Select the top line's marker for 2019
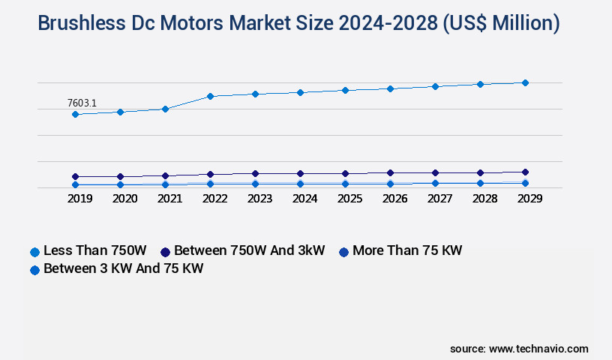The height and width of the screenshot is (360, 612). click(x=75, y=115)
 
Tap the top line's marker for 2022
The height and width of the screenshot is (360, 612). click(x=211, y=96)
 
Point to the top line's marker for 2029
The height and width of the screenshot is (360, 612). click(x=525, y=82)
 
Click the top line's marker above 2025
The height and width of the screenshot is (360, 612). click(x=345, y=90)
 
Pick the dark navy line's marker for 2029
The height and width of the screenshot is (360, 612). click(x=525, y=172)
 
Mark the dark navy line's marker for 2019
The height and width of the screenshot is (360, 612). click(x=75, y=177)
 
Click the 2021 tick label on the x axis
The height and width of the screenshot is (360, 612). click(x=169, y=199)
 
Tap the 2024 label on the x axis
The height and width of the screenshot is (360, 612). click(x=304, y=199)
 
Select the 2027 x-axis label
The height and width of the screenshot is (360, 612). click(x=439, y=199)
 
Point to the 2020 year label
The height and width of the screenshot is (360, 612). click(x=124, y=199)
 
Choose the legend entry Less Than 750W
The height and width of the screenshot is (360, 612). click(x=94, y=250)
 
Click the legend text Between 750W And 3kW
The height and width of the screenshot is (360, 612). click(x=249, y=250)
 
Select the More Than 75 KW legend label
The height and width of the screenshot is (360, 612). click(x=406, y=250)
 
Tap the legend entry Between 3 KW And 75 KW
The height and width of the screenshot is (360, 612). click(x=123, y=268)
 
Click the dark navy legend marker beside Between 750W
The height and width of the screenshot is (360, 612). click(x=165, y=252)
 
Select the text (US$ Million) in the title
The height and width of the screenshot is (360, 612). click(x=502, y=23)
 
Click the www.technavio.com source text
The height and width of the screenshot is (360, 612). click(x=538, y=349)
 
